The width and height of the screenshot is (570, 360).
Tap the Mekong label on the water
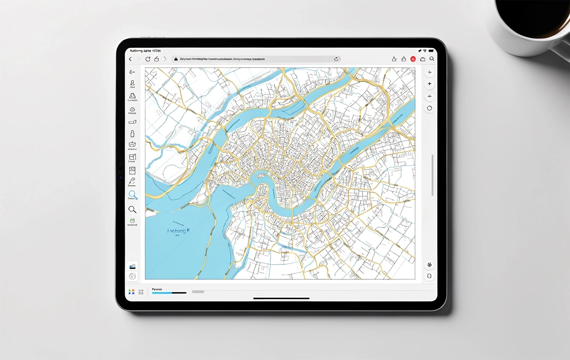(178, 231)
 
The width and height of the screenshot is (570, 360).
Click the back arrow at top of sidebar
(132, 72)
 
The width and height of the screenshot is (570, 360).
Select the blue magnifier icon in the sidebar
(133, 195)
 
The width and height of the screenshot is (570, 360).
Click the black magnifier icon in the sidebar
(132, 210)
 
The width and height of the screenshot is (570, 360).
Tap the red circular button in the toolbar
(413, 59)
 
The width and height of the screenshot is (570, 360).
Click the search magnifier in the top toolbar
(432, 59)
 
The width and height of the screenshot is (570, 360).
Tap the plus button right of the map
(429, 84)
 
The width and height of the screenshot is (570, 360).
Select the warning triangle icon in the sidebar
(132, 96)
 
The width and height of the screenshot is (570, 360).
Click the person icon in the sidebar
(132, 83)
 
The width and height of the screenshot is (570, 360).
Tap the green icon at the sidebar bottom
(132, 220)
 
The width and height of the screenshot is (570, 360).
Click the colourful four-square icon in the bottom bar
(131, 292)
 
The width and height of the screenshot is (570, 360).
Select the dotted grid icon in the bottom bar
(141, 292)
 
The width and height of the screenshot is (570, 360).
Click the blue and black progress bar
(169, 293)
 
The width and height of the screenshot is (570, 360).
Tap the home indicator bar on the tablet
(281, 298)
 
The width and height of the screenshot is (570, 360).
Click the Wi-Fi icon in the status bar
(425, 50)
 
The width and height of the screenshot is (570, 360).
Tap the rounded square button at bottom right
(429, 276)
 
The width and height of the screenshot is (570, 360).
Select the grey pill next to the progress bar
(198, 292)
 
